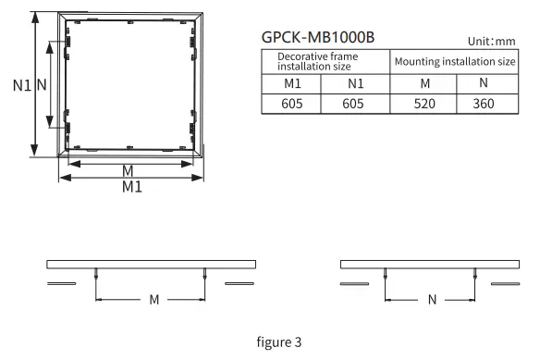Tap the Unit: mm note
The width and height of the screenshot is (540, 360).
pos(491,42)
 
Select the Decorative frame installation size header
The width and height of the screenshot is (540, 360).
pos(318,62)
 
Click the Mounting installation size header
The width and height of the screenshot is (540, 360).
pos(454,62)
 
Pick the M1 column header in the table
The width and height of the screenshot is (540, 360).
pos(293,83)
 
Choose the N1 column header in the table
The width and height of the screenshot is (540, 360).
pos(356,83)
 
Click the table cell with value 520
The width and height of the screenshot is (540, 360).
pos(424,103)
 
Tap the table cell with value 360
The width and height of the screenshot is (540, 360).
pos(484,103)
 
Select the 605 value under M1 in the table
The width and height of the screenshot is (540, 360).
pos(293,103)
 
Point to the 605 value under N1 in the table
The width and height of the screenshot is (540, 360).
pos(356,103)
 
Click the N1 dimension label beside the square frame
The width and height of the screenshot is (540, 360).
pos(22,85)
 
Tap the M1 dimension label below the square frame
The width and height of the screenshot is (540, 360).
pos(131,186)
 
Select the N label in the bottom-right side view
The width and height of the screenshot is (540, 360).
pos(431,300)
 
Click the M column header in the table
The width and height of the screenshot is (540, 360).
pos(424,83)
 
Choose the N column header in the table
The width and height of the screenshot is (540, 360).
pos(484,83)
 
